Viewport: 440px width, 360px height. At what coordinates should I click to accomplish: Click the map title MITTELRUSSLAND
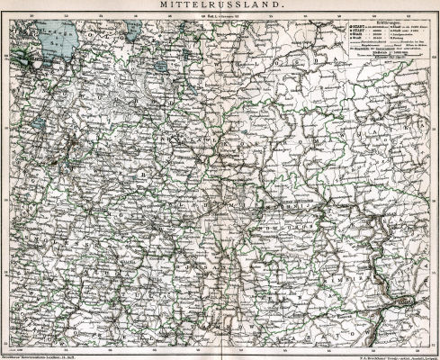[x=220, y=7]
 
